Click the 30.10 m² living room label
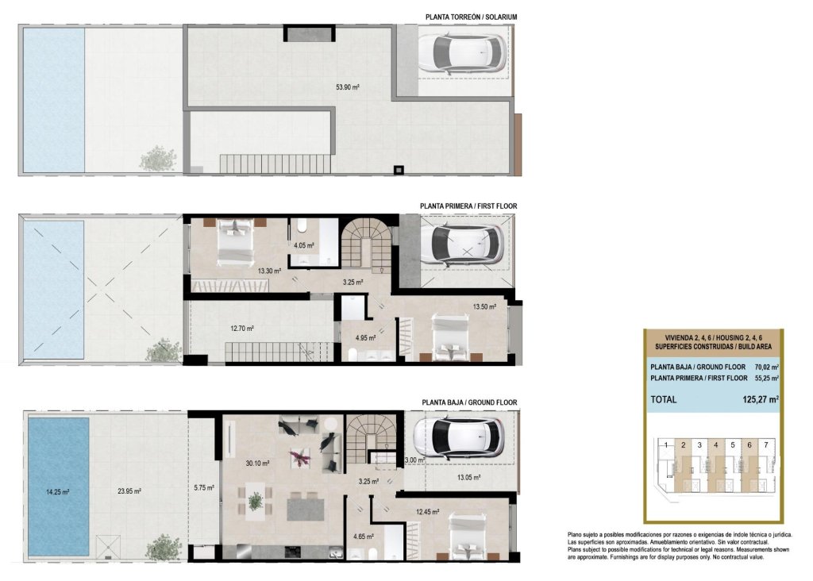(x=257, y=463)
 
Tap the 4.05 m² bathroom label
(x=304, y=245)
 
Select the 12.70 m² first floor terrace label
(x=242, y=328)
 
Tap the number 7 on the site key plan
(x=765, y=445)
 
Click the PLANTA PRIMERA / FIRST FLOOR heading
(x=468, y=206)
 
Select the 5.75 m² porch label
(x=204, y=488)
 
